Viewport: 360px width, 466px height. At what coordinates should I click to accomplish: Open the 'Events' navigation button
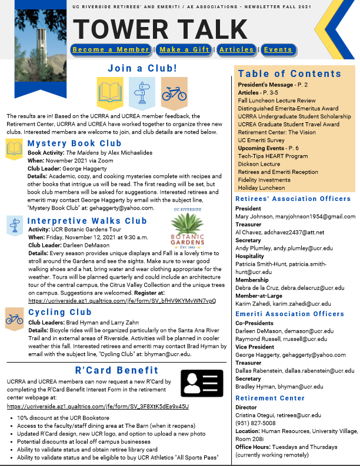point(278,50)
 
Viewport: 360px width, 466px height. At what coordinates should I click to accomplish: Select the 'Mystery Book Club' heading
point(74,143)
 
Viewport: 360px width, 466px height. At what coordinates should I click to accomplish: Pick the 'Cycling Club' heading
point(60,312)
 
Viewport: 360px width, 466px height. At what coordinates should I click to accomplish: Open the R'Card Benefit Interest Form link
point(98,406)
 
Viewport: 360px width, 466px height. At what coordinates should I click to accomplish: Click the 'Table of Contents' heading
point(289,73)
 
